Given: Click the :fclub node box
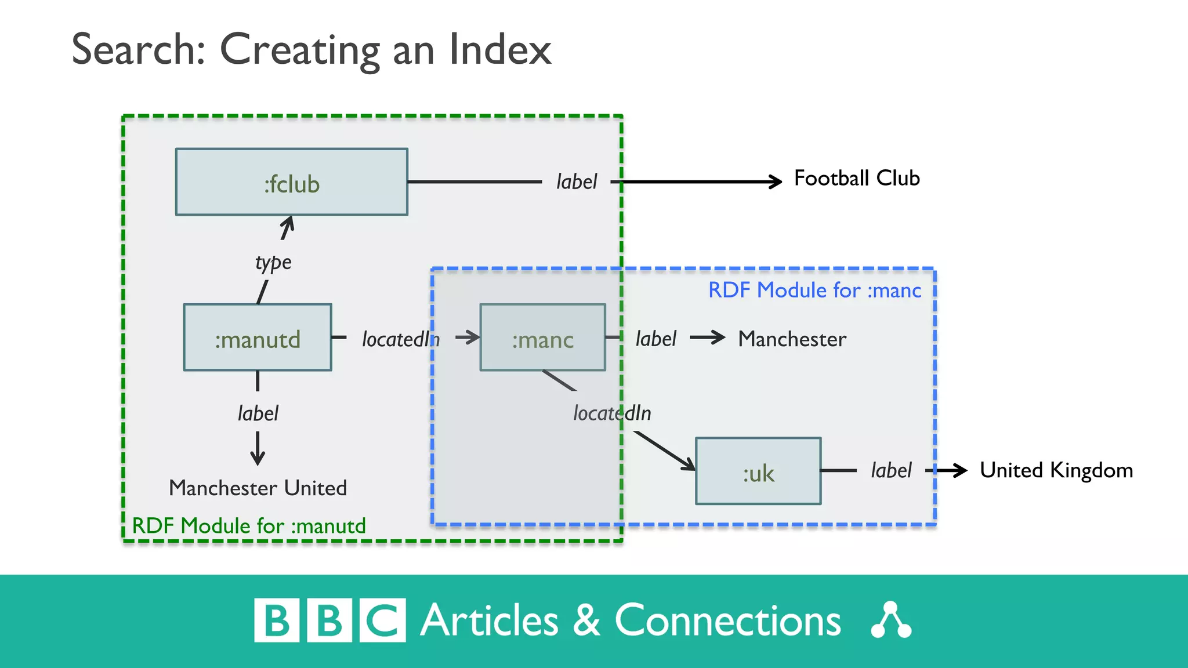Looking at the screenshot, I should pos(291,182).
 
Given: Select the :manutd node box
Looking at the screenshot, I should pos(258,337).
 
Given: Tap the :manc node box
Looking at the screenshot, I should pos(542,337).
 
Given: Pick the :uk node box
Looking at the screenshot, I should pos(758,471).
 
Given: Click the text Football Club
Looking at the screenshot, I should pos(856,178).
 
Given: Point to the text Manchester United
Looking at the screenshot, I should pos(258,488).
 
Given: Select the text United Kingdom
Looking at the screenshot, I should pos(1056,470).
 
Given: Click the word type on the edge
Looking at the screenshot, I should pos(273,263).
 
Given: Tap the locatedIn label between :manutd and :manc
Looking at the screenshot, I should pos(400,339).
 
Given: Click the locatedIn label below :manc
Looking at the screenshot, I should pos(612,413).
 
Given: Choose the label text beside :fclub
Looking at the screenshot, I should pos(576,182).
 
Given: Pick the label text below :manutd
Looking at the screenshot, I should pos(258,413).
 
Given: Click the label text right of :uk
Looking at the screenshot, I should pos(891,470).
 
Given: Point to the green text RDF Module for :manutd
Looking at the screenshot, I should pos(249,526).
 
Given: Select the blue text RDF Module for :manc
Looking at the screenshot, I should pos(814,290).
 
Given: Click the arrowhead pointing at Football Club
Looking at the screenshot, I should pos(776,181).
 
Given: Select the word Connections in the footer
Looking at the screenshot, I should pos(727,621).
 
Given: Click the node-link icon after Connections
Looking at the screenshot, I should pos(891,621).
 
